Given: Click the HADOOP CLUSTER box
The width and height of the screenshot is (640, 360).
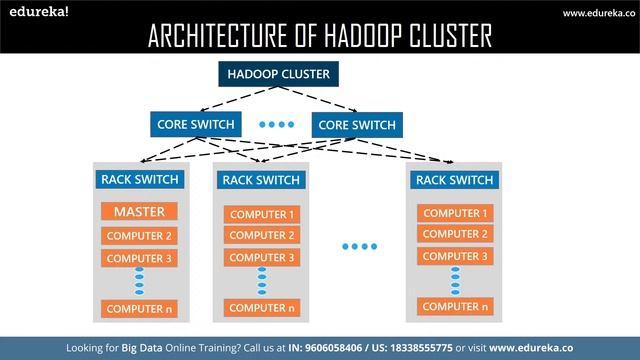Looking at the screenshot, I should click(278, 74).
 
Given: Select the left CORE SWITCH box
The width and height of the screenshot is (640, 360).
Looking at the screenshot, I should click(196, 125).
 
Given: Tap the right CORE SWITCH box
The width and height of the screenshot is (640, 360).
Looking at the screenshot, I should click(356, 125).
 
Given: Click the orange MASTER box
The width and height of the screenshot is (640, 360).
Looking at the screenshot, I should click(140, 212).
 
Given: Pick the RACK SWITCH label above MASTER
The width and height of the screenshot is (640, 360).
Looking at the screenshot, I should click(140, 180).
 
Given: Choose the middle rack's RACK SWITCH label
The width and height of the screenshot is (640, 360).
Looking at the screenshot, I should click(261, 180).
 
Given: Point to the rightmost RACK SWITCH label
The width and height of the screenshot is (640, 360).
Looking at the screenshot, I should click(454, 180).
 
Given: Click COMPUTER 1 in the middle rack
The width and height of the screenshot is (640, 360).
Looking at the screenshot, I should click(263, 214).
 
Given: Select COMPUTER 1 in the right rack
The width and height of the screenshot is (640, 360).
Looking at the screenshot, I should click(455, 213).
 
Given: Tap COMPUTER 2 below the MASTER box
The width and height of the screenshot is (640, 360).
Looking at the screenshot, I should click(140, 236).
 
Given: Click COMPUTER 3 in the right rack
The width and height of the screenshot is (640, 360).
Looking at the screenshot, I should click(455, 256).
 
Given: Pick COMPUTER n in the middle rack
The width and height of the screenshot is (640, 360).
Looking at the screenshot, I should click(263, 307).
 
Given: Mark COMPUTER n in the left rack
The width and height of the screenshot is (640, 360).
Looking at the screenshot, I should click(140, 308).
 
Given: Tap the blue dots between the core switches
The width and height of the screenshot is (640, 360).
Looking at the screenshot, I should click(276, 125).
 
